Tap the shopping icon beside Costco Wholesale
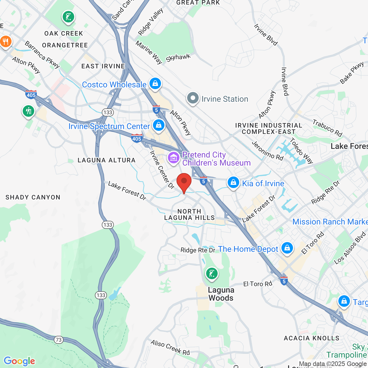155,84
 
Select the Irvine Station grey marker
193,98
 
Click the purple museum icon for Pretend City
174,158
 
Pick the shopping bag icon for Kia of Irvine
233,183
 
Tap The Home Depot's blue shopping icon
287,248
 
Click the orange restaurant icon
5,42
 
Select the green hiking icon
28,111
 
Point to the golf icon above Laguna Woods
212,273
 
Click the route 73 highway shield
59,340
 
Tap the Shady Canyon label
33,197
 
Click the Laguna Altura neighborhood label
106,160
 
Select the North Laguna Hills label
189,214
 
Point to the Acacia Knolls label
312,338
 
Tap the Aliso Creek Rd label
170,347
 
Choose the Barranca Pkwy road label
42,55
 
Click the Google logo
19,361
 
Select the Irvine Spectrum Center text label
109,126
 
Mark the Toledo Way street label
301,151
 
